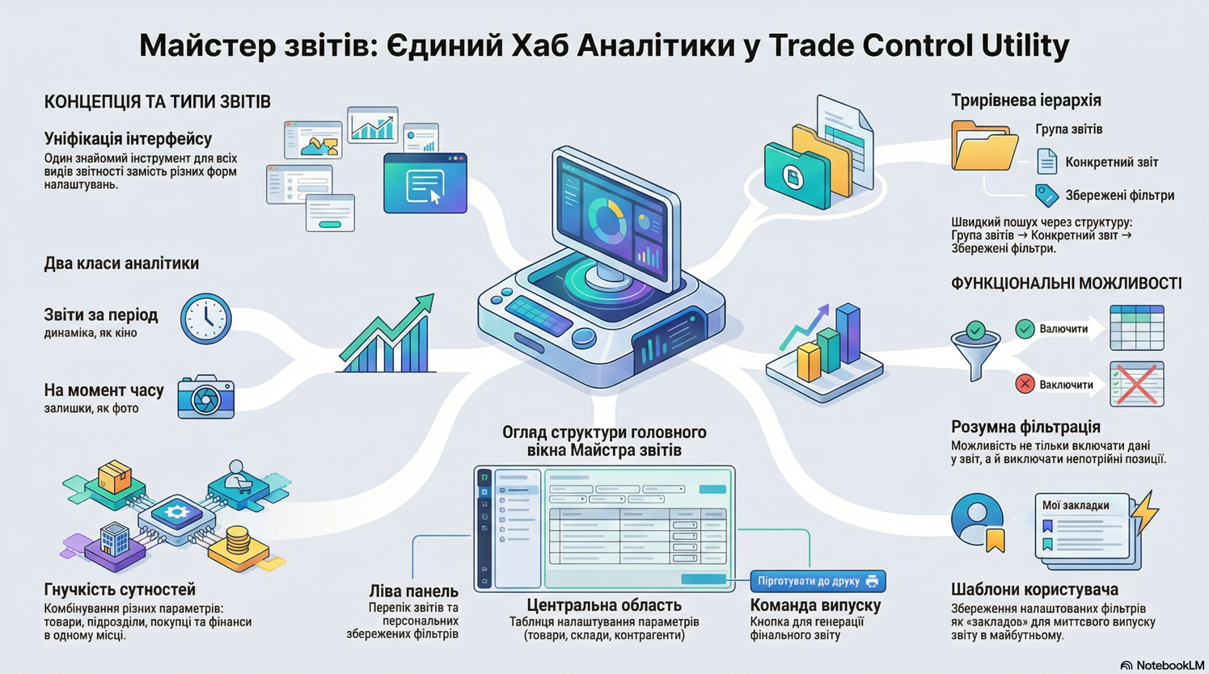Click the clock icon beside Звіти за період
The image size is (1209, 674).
point(205,319)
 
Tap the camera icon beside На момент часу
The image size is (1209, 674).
point(205,397)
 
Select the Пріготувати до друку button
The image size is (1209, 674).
point(817,581)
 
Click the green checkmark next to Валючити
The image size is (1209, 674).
point(1025,329)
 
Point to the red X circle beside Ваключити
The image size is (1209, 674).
point(1025,384)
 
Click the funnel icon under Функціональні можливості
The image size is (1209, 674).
point(976,349)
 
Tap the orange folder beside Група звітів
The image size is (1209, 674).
point(983,145)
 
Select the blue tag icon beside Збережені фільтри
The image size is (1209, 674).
point(1046,195)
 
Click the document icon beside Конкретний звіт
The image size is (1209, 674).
point(1046,162)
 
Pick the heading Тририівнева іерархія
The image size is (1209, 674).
point(1025,100)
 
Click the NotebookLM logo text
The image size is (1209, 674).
point(1169,665)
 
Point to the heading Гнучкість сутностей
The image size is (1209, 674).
point(120,590)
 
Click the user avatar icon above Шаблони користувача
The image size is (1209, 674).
point(978,520)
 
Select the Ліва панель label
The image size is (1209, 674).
point(413,592)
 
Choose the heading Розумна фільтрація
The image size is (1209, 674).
point(1025,427)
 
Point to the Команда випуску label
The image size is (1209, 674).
point(815,605)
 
